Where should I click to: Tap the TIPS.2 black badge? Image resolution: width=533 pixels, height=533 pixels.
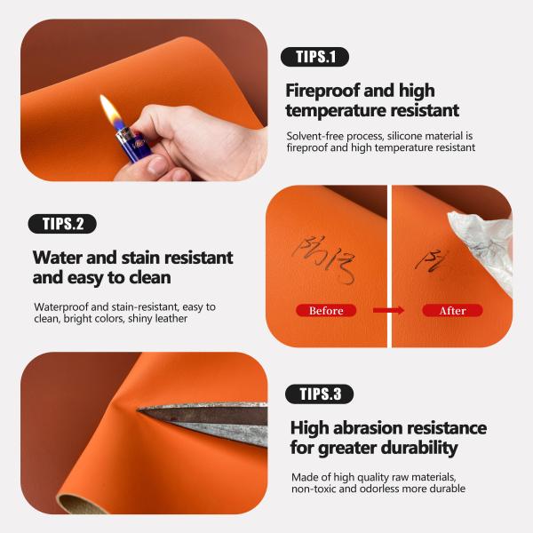point(62,224)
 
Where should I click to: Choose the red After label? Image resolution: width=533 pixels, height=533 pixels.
point(452,311)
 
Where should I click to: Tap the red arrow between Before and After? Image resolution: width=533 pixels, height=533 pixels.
point(388,311)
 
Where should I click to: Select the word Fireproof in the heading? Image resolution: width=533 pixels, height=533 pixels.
point(325,90)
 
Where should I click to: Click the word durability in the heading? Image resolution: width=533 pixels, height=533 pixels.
point(418,449)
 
